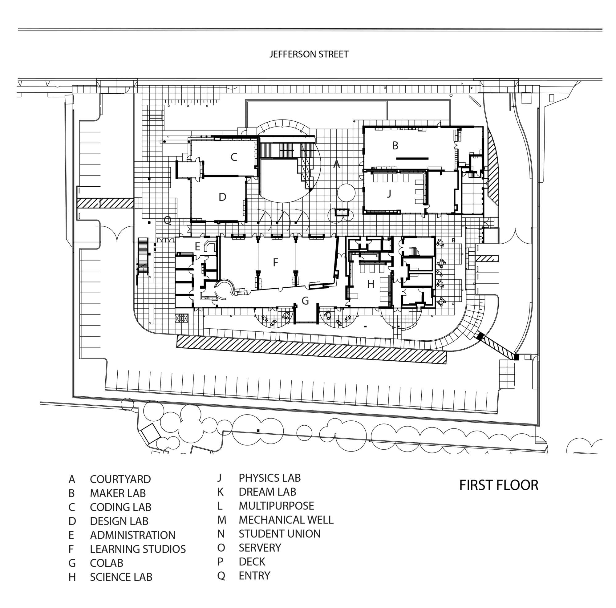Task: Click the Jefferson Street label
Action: (309, 54)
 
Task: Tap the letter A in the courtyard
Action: (336, 164)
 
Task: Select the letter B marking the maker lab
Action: (395, 145)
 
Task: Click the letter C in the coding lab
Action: (234, 157)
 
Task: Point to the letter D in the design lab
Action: (223, 197)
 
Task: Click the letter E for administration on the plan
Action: (197, 246)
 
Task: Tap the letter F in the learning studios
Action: (275, 262)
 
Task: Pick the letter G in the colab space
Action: (305, 301)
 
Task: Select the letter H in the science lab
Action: (371, 284)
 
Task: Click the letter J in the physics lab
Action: (389, 193)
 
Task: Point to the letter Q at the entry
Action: (167, 220)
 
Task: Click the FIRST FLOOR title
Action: (499, 485)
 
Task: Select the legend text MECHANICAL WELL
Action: (286, 520)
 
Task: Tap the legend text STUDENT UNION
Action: (279, 534)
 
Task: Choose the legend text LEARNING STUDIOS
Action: (137, 549)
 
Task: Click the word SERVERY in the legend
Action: (260, 547)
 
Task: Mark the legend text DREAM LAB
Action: (267, 492)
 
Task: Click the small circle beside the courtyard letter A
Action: (346, 193)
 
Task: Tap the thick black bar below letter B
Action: (412, 158)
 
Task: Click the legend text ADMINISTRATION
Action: (132, 535)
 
